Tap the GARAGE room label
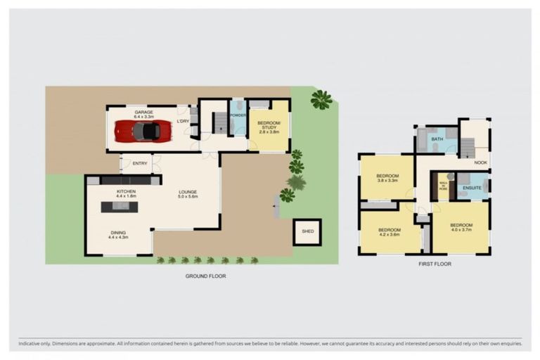coord(144,112)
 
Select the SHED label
coord(307,231)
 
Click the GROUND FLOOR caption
coord(205,276)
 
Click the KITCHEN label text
coord(127,192)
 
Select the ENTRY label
coord(140,164)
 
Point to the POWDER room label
coord(238,115)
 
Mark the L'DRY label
coord(183,120)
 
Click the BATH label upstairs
coord(437,139)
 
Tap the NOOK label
coord(480,163)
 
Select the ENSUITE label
coord(472,188)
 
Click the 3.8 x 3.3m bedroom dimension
coord(387,181)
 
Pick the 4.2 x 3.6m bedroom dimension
coord(389,235)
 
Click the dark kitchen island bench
coord(120,207)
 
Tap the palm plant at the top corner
coord(321,100)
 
